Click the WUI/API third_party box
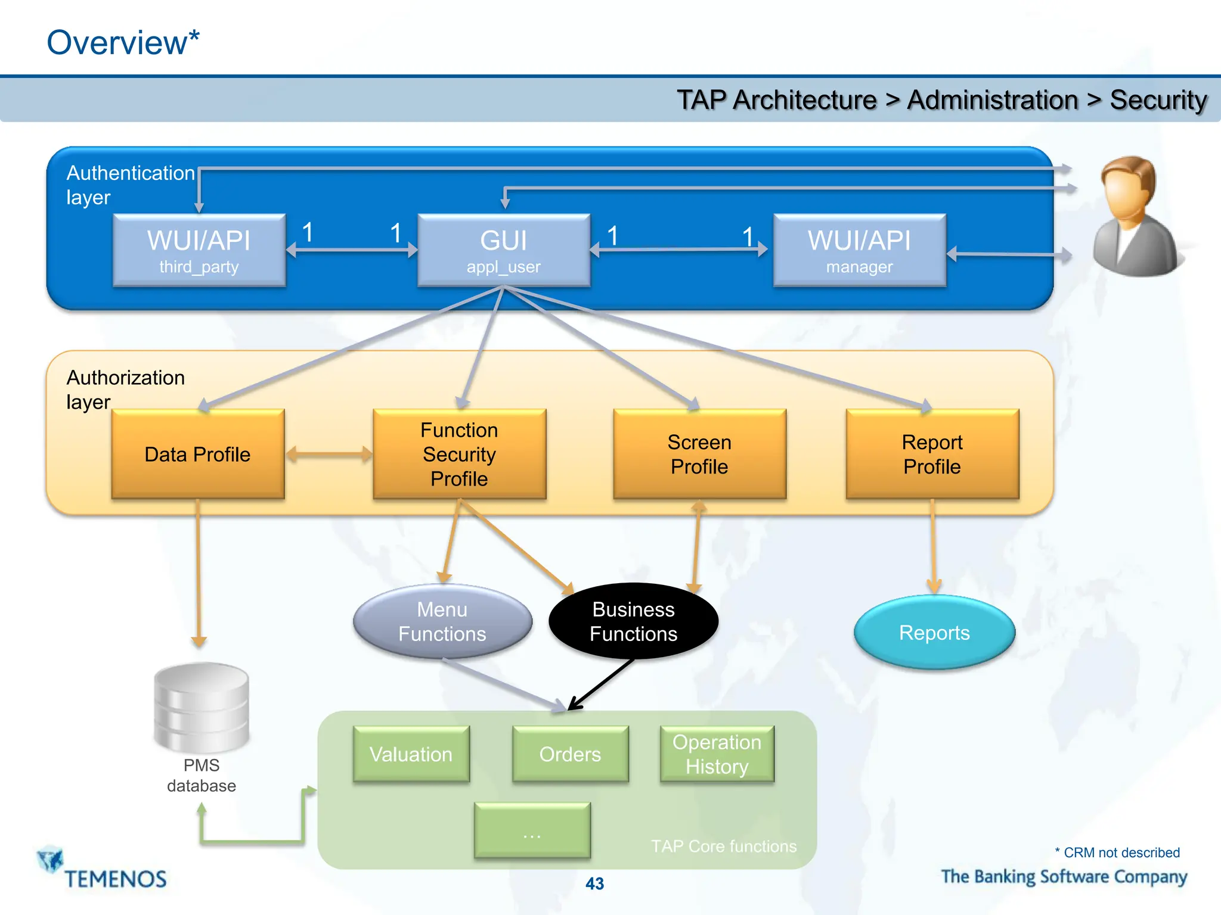(199, 250)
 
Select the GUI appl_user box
(504, 250)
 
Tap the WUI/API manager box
(859, 250)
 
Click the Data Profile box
(198, 454)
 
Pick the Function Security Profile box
(459, 454)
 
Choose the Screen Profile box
(699, 454)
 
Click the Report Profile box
(932, 454)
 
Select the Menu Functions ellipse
(442, 621)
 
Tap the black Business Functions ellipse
(633, 621)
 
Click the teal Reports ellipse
(934, 632)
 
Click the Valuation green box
(411, 754)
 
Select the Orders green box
(570, 754)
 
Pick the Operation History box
(717, 754)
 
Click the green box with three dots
(532, 830)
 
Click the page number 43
(594, 883)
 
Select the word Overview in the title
(117, 43)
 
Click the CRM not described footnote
(1117, 852)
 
